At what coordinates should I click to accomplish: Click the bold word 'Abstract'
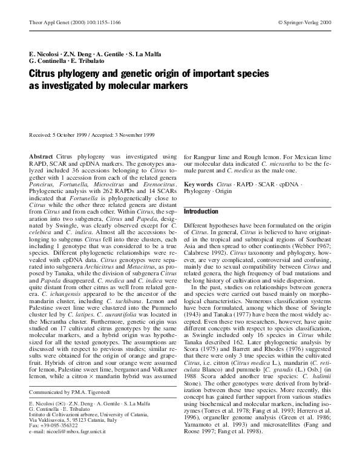point(41,157)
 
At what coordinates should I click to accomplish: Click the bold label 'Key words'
point(198,183)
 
